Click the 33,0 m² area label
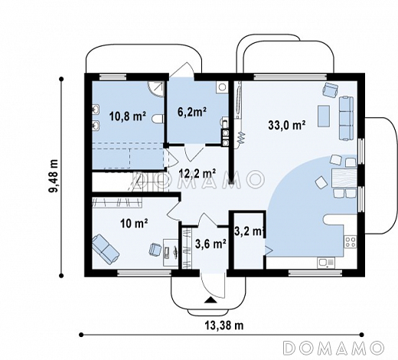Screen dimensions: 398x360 pos(287,126)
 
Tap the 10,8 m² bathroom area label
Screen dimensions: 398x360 pos(128,116)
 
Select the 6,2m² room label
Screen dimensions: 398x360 pos(192,112)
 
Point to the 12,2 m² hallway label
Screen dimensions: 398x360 pos(197,174)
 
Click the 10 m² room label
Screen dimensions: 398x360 pos(134,224)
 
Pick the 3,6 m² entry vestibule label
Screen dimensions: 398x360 pos(210,244)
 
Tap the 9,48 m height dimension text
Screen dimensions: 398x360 pos(54,175)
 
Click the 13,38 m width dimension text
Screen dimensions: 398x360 pos(224,326)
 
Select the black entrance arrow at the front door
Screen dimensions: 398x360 pos(210,300)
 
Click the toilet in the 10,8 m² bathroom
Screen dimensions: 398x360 pos(158,119)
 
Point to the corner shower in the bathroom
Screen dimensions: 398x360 pos(155,89)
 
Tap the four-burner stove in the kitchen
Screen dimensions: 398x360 pos(351,242)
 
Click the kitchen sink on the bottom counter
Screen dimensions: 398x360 pos(326,263)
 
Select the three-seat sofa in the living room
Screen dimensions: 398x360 pos(346,118)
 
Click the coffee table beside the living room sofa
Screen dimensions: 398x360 pos(324,116)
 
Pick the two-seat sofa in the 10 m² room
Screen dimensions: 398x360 pos(106,249)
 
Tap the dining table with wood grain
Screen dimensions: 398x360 pos(344,178)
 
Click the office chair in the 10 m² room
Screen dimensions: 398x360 pos(155,249)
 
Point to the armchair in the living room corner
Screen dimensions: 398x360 pos(331,90)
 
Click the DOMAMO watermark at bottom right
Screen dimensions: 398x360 pos(334,348)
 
